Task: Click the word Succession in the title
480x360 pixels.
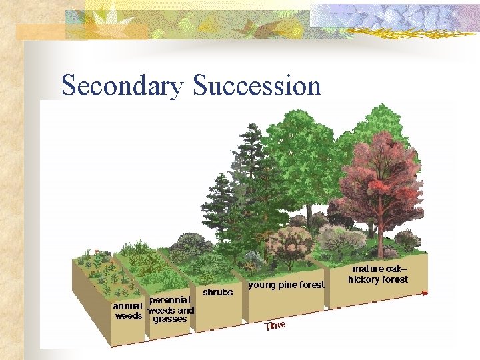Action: pos(257,86)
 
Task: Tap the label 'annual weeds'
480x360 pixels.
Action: pos(127,311)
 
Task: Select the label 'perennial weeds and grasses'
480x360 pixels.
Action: pos(170,310)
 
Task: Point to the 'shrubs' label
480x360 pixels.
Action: pos(217,292)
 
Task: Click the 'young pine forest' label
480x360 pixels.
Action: pos(286,285)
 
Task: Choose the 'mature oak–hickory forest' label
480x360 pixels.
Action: pos(379,275)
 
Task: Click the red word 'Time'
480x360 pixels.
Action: pos(275,325)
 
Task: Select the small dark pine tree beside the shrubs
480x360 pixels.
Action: pos(218,200)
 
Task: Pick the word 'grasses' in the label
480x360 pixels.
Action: pos(169,319)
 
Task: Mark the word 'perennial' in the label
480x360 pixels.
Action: pos(169,301)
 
